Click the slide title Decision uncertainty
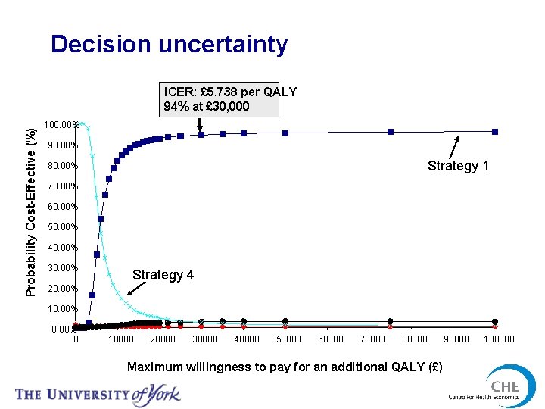click(169, 44)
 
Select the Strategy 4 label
click(163, 275)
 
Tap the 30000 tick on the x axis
click(204, 339)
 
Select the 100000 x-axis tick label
click(498, 339)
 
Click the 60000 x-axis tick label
click(330, 339)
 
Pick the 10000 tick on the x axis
click(121, 339)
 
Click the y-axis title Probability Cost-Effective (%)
click(31, 201)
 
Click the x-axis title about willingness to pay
click(285, 367)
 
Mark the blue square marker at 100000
click(495, 132)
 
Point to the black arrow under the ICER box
click(201, 123)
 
